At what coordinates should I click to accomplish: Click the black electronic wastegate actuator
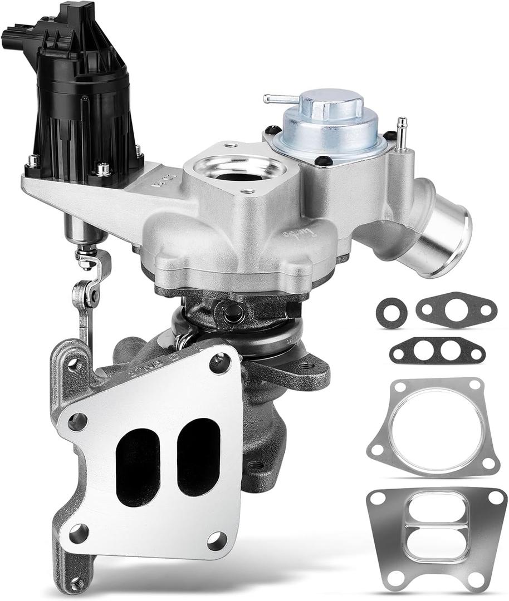click(84, 106)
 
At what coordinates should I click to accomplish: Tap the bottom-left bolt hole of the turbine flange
click(78, 533)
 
